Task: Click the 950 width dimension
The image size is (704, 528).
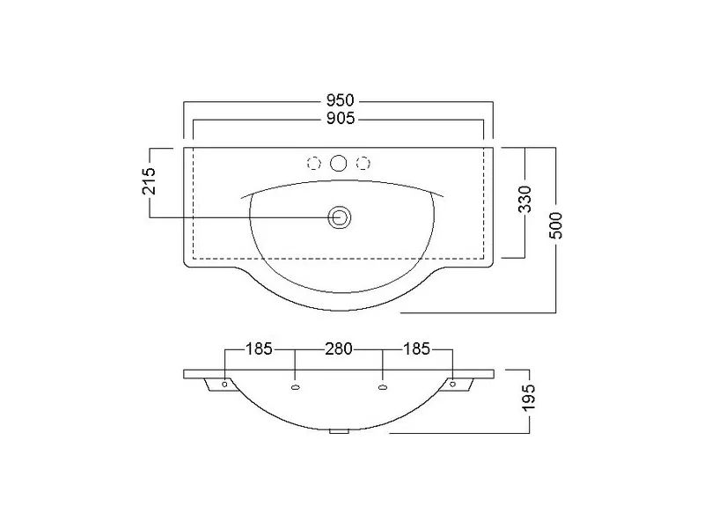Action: click(x=340, y=100)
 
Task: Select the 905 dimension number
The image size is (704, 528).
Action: click(x=340, y=119)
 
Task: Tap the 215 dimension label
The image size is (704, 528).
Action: click(x=149, y=180)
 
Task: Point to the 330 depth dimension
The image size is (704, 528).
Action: click(x=524, y=199)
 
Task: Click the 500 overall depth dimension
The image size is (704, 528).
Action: click(x=556, y=225)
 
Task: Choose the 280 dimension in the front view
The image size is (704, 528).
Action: click(x=339, y=348)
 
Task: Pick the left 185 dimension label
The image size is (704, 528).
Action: click(x=259, y=348)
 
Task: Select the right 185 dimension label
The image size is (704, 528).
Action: click(x=416, y=348)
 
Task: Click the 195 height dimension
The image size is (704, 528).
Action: click(x=529, y=397)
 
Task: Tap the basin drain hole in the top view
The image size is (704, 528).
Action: click(x=339, y=218)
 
